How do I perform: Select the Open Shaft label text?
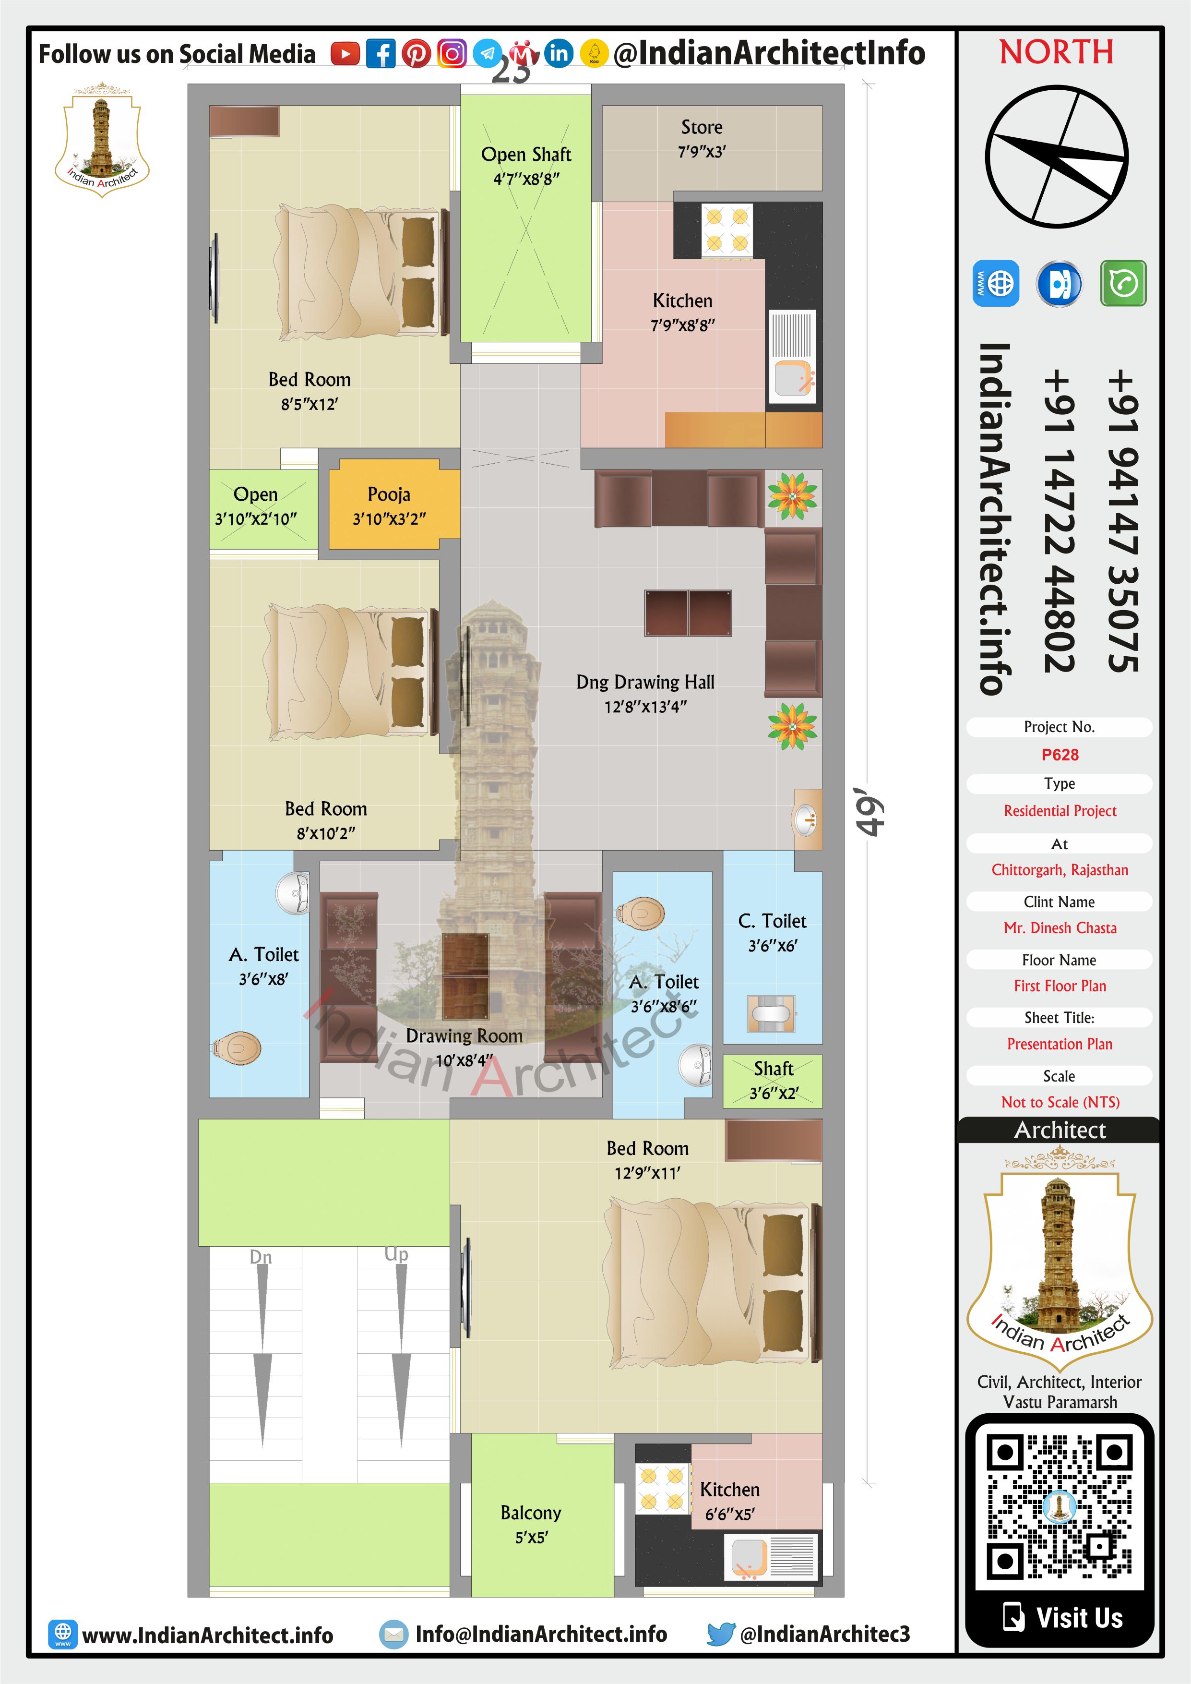[x=526, y=155]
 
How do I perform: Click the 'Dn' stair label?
[x=261, y=1257]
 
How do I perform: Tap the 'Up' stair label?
[x=396, y=1254]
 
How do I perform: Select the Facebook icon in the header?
[x=381, y=54]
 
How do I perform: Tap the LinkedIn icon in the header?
[x=559, y=54]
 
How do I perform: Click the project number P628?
[x=1060, y=755]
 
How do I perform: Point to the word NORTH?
[x=1057, y=52]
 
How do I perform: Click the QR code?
[x=1060, y=1507]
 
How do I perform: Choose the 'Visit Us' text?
[x=1079, y=1618]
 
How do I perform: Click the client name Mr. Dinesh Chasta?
[x=1060, y=928]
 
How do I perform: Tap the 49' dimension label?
[x=870, y=812]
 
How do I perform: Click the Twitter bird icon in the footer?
[x=721, y=1634]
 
